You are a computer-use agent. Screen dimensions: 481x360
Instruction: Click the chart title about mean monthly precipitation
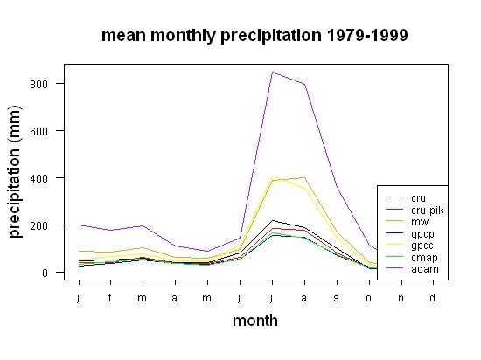pos(254,36)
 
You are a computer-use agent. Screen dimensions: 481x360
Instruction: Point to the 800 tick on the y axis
pos(39,84)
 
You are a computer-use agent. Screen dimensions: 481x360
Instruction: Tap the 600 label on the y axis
pos(39,131)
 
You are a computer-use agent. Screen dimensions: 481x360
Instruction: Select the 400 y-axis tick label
pos(39,178)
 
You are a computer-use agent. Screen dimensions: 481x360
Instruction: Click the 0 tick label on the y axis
pos(45,273)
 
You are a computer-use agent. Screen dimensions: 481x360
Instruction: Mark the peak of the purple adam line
pos(272,73)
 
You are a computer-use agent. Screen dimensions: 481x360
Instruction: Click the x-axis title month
pos(255,321)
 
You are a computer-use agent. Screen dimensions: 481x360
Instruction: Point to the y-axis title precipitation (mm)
pos(15,171)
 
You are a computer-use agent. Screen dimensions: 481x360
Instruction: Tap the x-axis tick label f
pos(110,297)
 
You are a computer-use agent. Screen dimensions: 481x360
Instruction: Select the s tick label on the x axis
pos(336,298)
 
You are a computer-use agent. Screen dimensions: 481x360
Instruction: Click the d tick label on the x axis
pos(432,297)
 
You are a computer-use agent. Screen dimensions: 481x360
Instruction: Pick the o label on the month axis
pos(369,298)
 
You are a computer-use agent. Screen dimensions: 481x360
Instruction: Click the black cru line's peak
pos(272,220)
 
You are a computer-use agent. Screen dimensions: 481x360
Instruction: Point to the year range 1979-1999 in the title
pos(367,35)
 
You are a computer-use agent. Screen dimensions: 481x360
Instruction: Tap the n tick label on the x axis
pos(401,298)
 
